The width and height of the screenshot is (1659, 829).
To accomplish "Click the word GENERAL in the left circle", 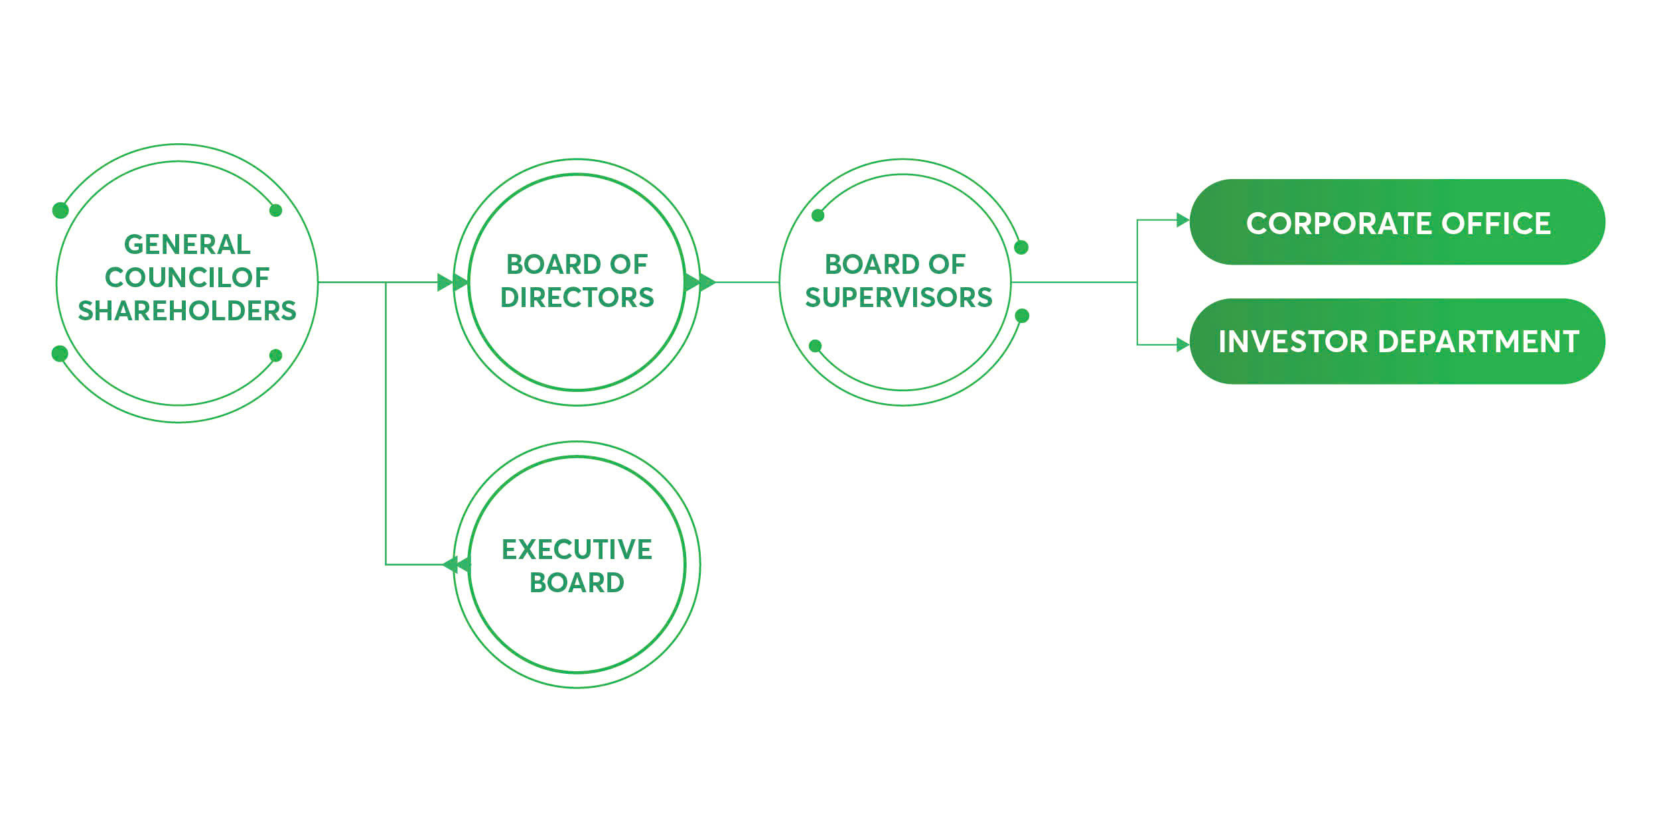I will pyautogui.click(x=187, y=245).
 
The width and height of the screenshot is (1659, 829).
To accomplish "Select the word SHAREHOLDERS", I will pyautogui.click(x=187, y=311).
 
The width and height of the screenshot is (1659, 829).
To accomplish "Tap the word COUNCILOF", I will pyautogui.click(x=187, y=278).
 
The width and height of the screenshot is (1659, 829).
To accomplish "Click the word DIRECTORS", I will pyautogui.click(x=577, y=298).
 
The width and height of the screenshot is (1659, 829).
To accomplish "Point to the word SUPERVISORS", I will pyautogui.click(x=899, y=298).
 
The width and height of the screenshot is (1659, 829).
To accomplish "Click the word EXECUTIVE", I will pyautogui.click(x=577, y=550).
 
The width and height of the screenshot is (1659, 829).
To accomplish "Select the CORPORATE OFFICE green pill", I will pyautogui.click(x=1397, y=222).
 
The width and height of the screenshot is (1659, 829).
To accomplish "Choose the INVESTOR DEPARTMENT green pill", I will pyautogui.click(x=1397, y=342).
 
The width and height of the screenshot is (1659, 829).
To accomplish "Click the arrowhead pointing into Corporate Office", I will pyautogui.click(x=1183, y=220).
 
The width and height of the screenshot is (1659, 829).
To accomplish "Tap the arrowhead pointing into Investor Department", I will pyautogui.click(x=1183, y=345).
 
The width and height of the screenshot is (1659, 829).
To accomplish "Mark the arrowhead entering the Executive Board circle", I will pyautogui.click(x=456, y=565).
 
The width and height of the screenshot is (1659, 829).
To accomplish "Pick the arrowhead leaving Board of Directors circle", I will pyautogui.click(x=699, y=283).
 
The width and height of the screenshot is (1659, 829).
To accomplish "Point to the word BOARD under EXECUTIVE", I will pyautogui.click(x=577, y=583).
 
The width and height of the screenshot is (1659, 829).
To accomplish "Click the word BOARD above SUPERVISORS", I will pyautogui.click(x=859, y=265).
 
